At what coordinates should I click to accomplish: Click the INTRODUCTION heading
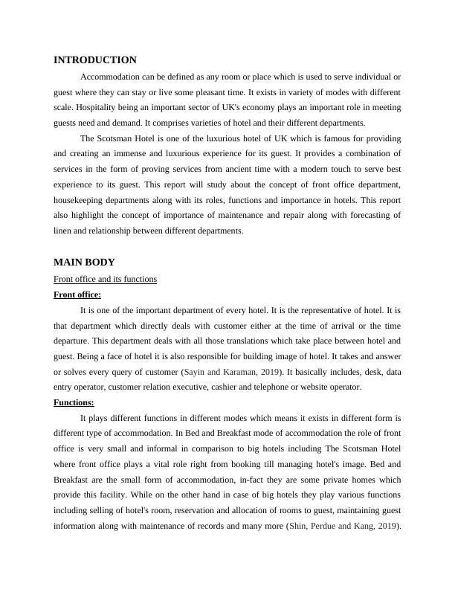tap(95, 60)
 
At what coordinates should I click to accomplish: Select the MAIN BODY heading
tap(84, 263)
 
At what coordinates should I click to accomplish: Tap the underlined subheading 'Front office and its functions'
tap(105, 279)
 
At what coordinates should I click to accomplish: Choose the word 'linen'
tap(65, 231)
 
